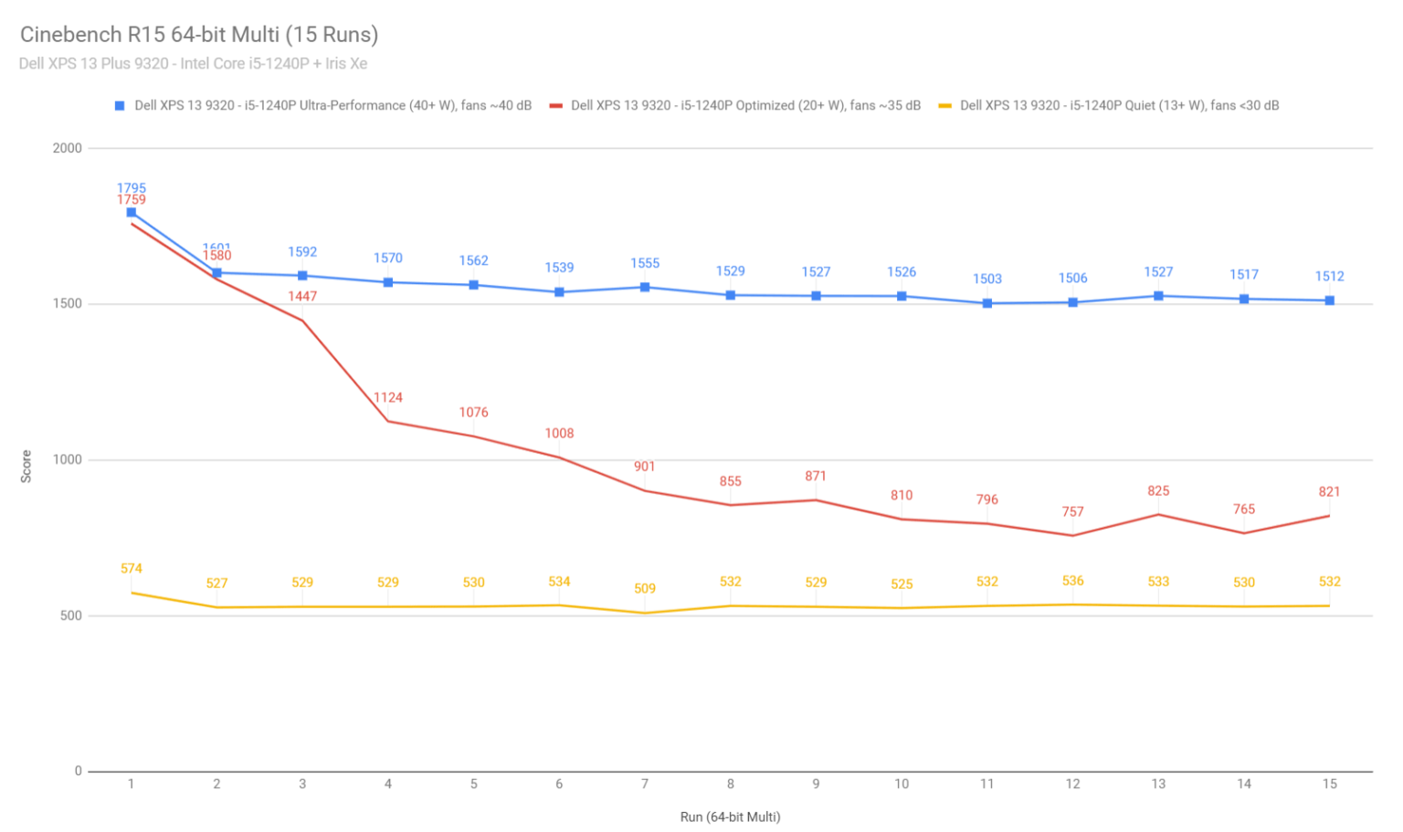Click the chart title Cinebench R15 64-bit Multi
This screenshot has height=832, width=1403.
point(198,35)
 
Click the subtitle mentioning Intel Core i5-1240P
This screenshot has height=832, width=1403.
point(193,64)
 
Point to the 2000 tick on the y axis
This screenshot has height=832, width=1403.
point(68,148)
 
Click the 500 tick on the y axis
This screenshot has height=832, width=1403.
point(71,616)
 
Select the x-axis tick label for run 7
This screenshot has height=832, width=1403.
point(645,784)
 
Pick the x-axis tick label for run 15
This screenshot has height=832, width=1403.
point(1329,784)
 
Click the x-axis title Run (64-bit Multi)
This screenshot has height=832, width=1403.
point(730,816)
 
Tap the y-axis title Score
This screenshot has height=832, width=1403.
point(26,466)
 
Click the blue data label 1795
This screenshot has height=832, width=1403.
point(132,188)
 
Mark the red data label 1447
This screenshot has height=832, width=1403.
point(302,296)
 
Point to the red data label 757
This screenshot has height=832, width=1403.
point(1072,511)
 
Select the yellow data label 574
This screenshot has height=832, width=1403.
point(132,568)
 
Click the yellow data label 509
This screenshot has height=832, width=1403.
point(645,588)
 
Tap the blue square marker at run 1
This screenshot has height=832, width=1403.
point(132,212)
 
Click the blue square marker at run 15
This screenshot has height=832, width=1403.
point(1329,300)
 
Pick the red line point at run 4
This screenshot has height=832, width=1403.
point(388,421)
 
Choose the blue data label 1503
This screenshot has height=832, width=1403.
point(986,279)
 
